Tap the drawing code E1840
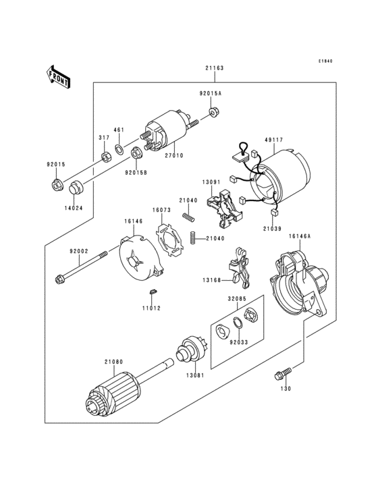click(x=327, y=61)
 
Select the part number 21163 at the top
click(x=215, y=68)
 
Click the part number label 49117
click(x=273, y=140)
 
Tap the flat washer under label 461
click(x=119, y=148)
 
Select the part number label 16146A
click(x=299, y=237)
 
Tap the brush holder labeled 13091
click(x=224, y=207)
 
